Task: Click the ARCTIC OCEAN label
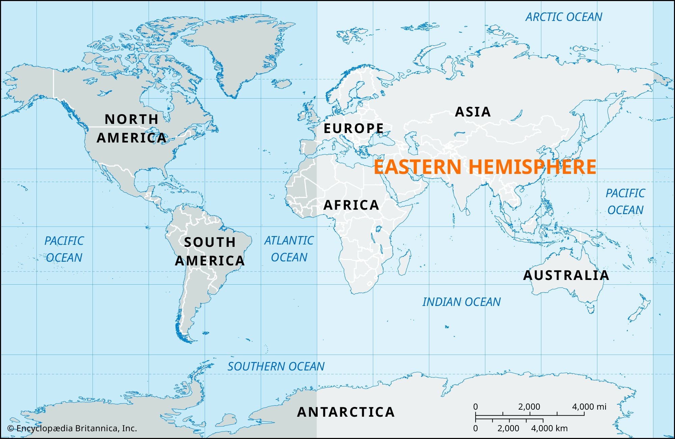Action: [564, 17]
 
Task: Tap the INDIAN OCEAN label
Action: [461, 302]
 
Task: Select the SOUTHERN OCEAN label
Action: [276, 366]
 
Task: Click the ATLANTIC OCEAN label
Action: [289, 249]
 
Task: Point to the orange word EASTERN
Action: [418, 167]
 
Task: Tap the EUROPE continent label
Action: [353, 128]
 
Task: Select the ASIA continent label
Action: [473, 112]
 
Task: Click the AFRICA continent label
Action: [351, 205]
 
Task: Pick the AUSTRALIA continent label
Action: [566, 275]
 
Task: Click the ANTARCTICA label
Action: [346, 412]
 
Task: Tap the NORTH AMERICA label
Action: [132, 128]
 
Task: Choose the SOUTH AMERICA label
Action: [210, 251]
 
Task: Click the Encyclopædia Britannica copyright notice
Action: [72, 428]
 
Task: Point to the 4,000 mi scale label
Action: [589, 407]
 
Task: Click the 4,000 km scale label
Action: [549, 428]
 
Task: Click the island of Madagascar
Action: [404, 262]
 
